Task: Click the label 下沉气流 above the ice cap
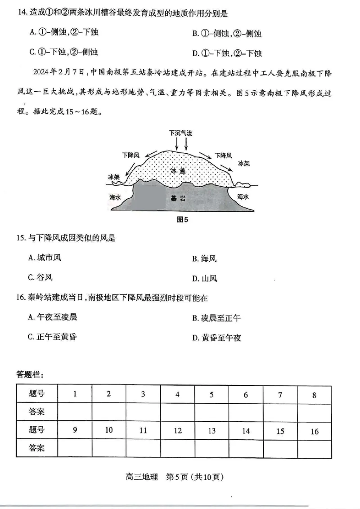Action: click(x=180, y=133)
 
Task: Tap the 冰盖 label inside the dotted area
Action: click(x=178, y=171)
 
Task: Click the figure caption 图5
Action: click(x=182, y=220)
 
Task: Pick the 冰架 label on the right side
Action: click(x=243, y=164)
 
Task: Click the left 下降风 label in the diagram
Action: click(x=130, y=155)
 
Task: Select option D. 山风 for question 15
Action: click(x=205, y=279)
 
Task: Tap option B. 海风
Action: click(x=205, y=259)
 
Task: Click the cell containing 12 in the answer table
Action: click(x=178, y=430)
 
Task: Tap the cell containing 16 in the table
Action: click(x=314, y=431)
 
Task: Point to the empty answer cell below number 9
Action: click(x=75, y=448)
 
